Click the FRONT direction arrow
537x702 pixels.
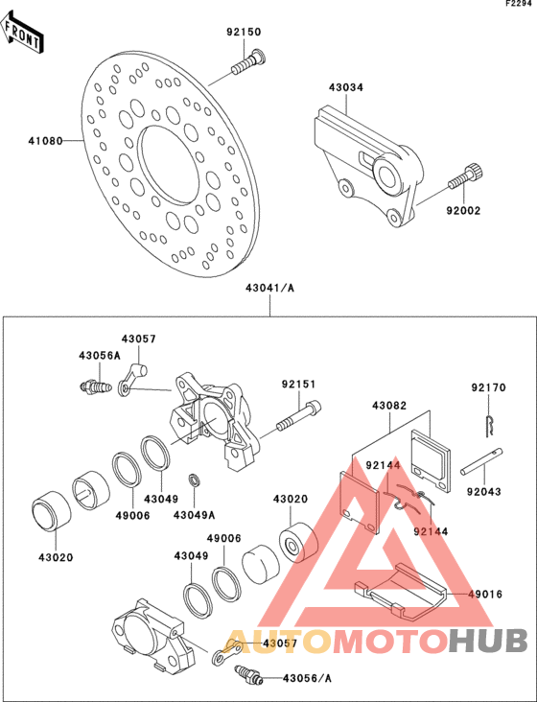(x=22, y=33)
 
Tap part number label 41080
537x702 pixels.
(x=45, y=141)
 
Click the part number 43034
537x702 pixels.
(x=346, y=87)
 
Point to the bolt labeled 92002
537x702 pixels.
(x=466, y=177)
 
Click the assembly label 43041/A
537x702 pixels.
(x=269, y=288)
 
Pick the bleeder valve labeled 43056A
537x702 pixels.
(x=95, y=386)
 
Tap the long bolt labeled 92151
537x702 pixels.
(x=299, y=415)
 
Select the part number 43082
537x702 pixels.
(x=389, y=406)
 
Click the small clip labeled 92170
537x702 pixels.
(x=490, y=425)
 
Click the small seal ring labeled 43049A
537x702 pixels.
(x=195, y=480)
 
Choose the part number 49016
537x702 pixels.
(x=485, y=594)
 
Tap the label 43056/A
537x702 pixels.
(x=307, y=678)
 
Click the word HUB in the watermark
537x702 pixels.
(x=488, y=641)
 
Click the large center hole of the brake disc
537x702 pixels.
(x=168, y=164)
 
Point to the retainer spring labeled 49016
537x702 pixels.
(x=400, y=592)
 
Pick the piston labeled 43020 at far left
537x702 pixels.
(x=52, y=511)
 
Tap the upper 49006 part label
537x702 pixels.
(x=133, y=515)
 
